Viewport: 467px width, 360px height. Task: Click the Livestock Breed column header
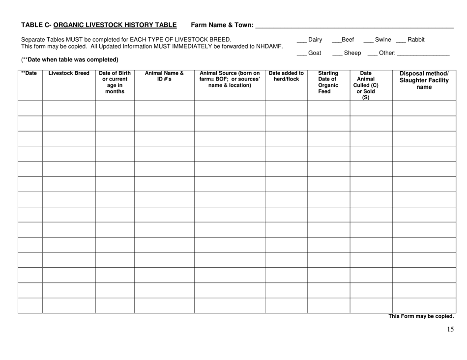click(x=69, y=74)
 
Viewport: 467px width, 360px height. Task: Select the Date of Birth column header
click(x=115, y=81)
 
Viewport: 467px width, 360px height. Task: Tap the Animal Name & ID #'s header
click(x=164, y=77)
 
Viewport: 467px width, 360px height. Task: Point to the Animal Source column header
click(x=230, y=79)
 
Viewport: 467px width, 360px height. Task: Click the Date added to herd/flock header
click(x=286, y=77)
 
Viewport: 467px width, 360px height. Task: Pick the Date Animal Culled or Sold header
click(x=371, y=84)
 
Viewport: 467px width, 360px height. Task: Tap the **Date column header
click(x=30, y=74)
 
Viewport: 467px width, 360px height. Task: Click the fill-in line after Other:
click(x=423, y=55)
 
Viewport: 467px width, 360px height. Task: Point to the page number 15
click(x=450, y=330)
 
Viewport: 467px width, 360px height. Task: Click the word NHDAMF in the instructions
click(x=268, y=47)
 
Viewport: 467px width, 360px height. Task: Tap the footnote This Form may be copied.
click(x=421, y=317)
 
